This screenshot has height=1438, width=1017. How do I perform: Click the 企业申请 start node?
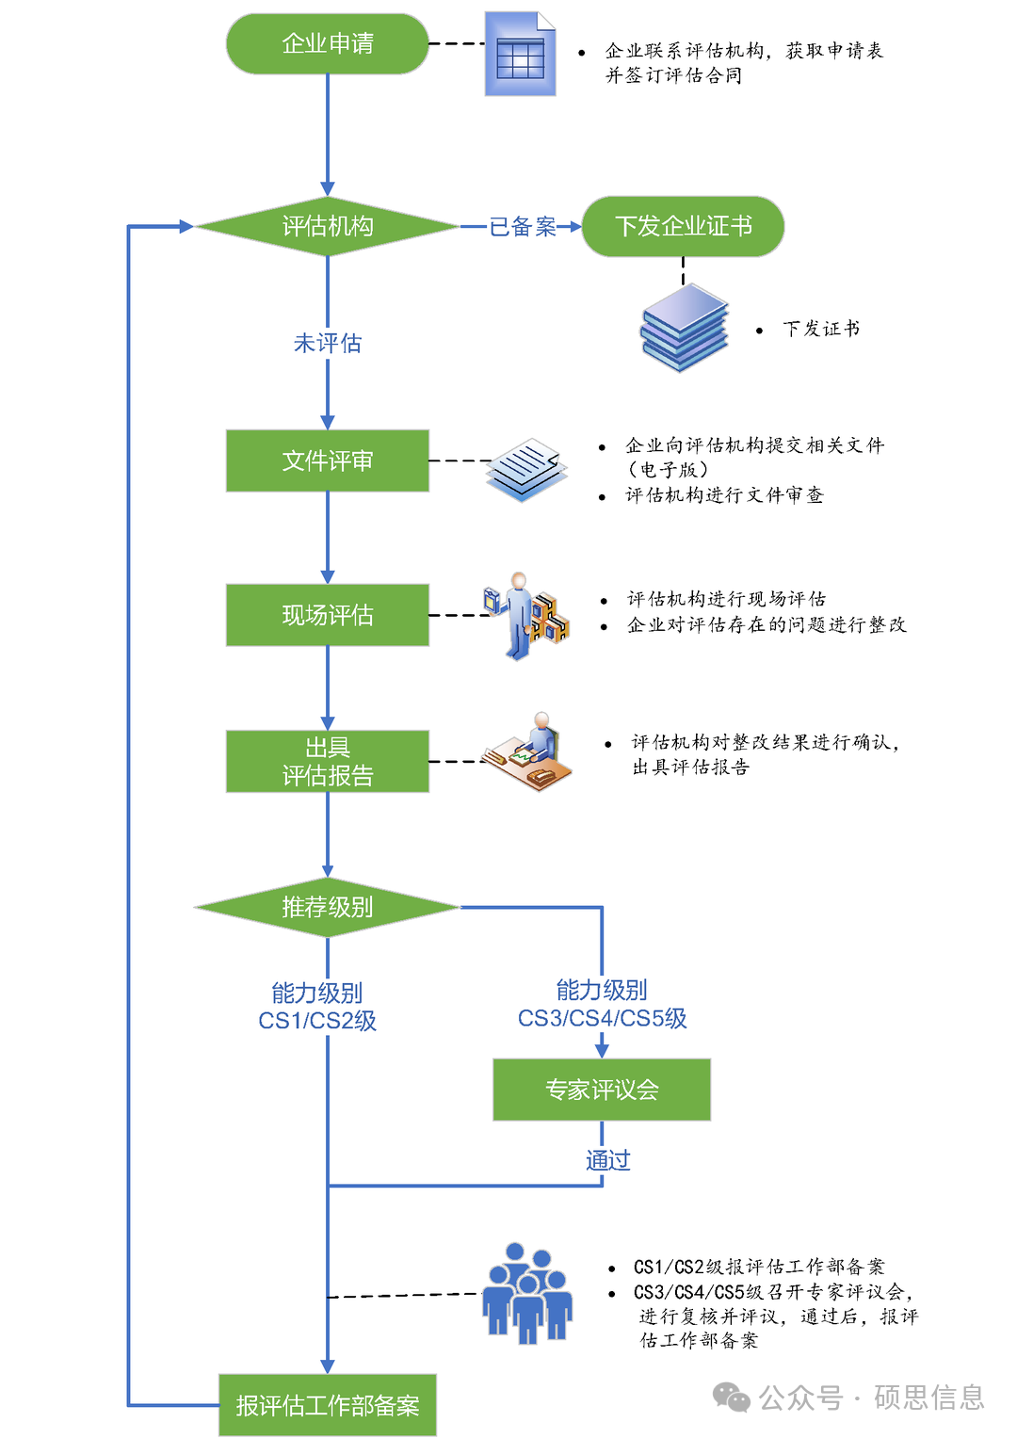tap(327, 43)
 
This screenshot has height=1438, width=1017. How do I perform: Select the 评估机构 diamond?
tap(327, 226)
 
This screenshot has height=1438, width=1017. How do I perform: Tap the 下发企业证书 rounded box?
tap(683, 226)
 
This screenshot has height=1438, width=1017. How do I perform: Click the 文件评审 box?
tap(327, 460)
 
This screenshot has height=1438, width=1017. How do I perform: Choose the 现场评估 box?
tap(327, 615)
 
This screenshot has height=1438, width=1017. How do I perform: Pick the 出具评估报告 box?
tap(327, 761)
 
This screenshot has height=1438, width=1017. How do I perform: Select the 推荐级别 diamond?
tap(327, 907)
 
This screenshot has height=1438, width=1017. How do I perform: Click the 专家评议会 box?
tap(601, 1090)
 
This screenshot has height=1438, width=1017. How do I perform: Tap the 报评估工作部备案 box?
tap(327, 1405)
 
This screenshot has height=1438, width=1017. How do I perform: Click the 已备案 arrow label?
tap(522, 227)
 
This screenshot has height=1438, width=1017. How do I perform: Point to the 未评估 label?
tap(327, 343)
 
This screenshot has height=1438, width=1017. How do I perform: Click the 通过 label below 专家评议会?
tap(607, 1160)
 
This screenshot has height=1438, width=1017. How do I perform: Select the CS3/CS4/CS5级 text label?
tap(602, 1018)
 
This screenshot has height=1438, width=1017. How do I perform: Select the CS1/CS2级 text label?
tap(317, 1021)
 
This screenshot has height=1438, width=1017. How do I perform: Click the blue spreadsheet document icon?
tap(520, 55)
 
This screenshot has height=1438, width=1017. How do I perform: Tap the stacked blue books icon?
tap(685, 328)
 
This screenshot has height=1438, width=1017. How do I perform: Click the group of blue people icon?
tap(526, 1293)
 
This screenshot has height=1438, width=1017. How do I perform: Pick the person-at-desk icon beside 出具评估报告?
tap(527, 752)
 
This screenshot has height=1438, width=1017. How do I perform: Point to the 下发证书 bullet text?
tap(820, 329)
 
